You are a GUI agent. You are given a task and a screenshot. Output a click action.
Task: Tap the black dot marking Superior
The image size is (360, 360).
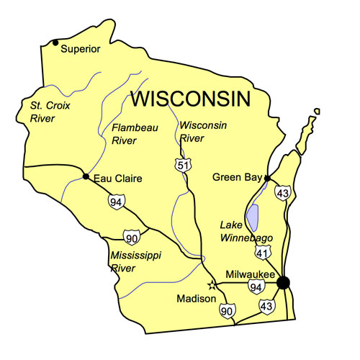point(55,42)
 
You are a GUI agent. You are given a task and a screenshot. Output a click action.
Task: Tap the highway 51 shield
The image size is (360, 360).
point(184,166)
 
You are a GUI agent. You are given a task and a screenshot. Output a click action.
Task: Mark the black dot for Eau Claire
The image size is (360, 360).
point(86,176)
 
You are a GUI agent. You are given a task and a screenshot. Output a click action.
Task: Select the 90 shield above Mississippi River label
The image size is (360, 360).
point(130,237)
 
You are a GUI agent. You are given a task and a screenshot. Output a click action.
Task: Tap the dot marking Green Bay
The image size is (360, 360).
point(266,177)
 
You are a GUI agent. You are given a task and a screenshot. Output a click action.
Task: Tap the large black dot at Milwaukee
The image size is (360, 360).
point(284,283)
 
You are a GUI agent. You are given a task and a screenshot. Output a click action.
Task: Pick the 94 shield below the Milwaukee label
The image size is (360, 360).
point(254,287)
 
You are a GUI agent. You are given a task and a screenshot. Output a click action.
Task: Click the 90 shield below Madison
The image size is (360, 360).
point(227,310)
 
